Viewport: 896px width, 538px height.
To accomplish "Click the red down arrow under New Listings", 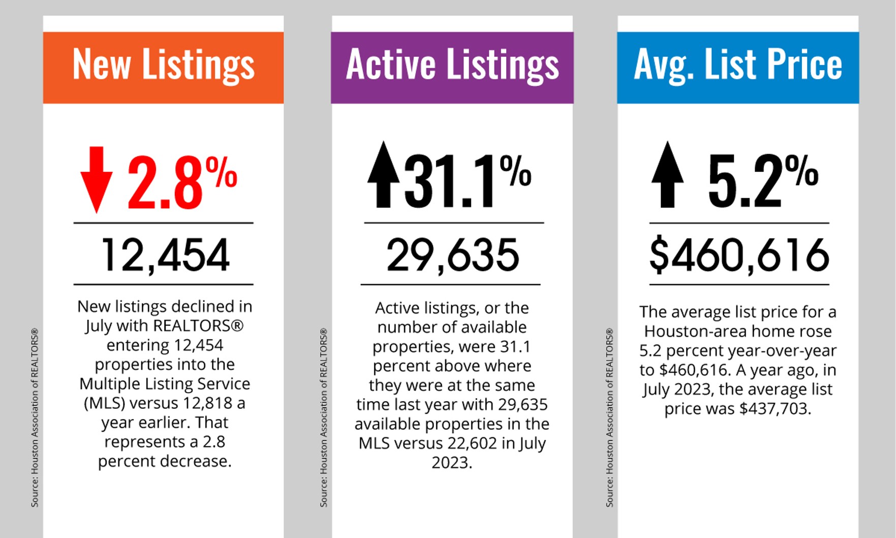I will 96,178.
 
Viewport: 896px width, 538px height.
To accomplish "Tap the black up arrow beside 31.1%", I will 383,174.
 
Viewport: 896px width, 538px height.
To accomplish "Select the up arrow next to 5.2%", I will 667,174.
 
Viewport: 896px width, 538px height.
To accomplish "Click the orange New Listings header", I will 163,67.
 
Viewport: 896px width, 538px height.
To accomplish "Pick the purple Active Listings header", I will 452,67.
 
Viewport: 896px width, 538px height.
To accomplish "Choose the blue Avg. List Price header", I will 737,67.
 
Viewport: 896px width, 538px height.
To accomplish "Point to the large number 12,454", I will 165,255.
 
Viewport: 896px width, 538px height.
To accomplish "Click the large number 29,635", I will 452,255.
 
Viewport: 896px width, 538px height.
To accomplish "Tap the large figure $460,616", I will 739,255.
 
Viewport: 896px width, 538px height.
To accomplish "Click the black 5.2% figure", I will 762,181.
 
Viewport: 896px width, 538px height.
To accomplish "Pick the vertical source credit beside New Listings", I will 35,417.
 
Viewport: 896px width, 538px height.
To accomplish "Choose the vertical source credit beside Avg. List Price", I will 609,417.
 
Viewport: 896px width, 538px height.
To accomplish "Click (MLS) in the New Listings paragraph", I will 104,403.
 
